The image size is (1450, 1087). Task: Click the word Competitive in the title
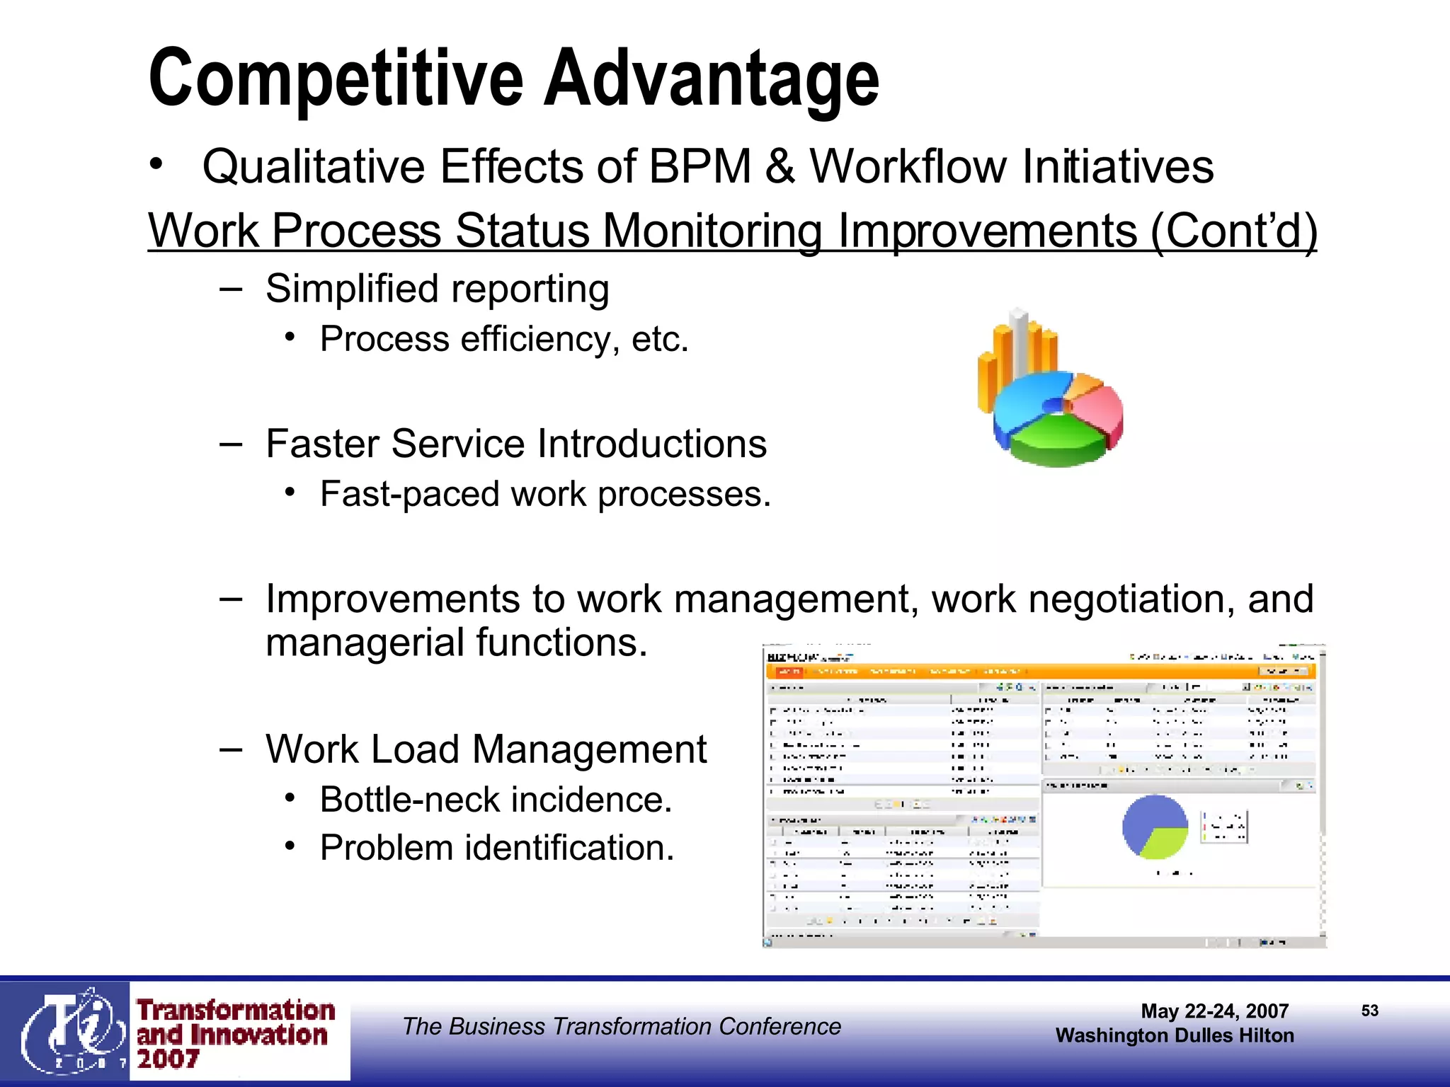click(x=336, y=79)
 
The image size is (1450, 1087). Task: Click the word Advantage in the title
click(x=711, y=79)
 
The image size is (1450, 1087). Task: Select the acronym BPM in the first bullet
click(x=700, y=167)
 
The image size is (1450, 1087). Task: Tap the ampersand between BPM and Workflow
click(x=780, y=167)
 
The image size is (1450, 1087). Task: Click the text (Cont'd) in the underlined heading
click(x=1233, y=231)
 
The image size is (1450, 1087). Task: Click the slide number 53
click(x=1369, y=1011)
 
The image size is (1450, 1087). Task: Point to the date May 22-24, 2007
click(x=1214, y=1011)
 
